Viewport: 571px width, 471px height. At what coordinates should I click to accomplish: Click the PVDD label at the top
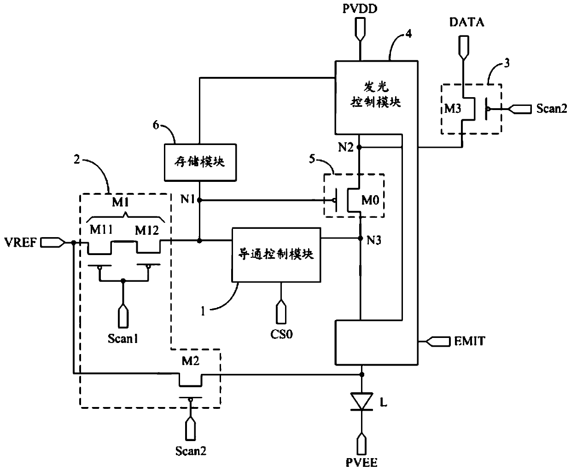tap(360, 9)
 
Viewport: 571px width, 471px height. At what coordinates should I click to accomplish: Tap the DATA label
tap(467, 22)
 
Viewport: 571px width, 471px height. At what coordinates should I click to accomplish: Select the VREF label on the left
tap(21, 242)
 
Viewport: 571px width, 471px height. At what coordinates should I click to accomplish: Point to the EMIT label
tap(470, 341)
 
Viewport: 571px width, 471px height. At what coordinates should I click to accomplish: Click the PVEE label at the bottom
tap(361, 463)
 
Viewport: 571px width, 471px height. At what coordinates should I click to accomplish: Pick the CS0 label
tap(281, 334)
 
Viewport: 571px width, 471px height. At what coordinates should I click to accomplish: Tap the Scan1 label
tap(123, 338)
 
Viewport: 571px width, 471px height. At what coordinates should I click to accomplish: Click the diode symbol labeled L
tap(361, 401)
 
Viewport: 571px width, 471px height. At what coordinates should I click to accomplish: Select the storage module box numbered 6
tap(200, 163)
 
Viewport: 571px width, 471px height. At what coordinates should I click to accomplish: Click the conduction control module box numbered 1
tap(276, 255)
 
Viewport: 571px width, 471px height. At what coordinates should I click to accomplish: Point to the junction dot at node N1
tap(199, 200)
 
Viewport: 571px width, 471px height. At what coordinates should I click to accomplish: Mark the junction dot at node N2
tap(359, 147)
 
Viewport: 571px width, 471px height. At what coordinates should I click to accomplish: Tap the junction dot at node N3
tap(361, 238)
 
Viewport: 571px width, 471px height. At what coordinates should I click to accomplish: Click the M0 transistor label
tap(370, 200)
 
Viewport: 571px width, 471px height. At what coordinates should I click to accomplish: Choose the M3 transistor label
tap(453, 109)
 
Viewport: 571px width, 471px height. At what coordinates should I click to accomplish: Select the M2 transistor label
tap(191, 361)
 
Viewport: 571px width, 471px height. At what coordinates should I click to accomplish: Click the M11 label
tap(101, 230)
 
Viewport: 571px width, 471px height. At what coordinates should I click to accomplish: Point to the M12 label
tap(147, 231)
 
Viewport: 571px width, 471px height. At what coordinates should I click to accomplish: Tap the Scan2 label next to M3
tap(552, 109)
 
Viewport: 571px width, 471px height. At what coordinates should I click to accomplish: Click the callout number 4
tap(408, 34)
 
